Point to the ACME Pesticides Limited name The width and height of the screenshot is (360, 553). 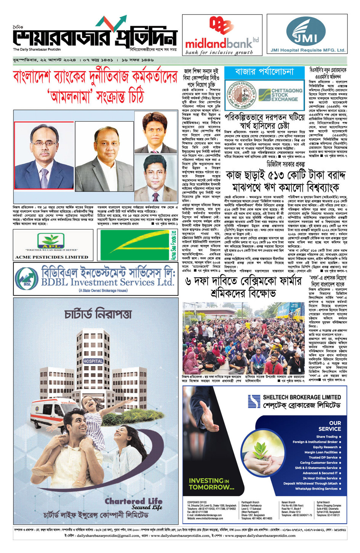pyautogui.click(x=51, y=257)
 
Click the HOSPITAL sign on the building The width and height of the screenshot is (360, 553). pyautogui.click(x=93, y=361)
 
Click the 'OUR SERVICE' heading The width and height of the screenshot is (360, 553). pyautogui.click(x=330, y=426)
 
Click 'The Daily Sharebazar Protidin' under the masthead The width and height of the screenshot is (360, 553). pyautogui.click(x=37, y=50)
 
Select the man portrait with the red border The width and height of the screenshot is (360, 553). pyautogui.click(x=44, y=155)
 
